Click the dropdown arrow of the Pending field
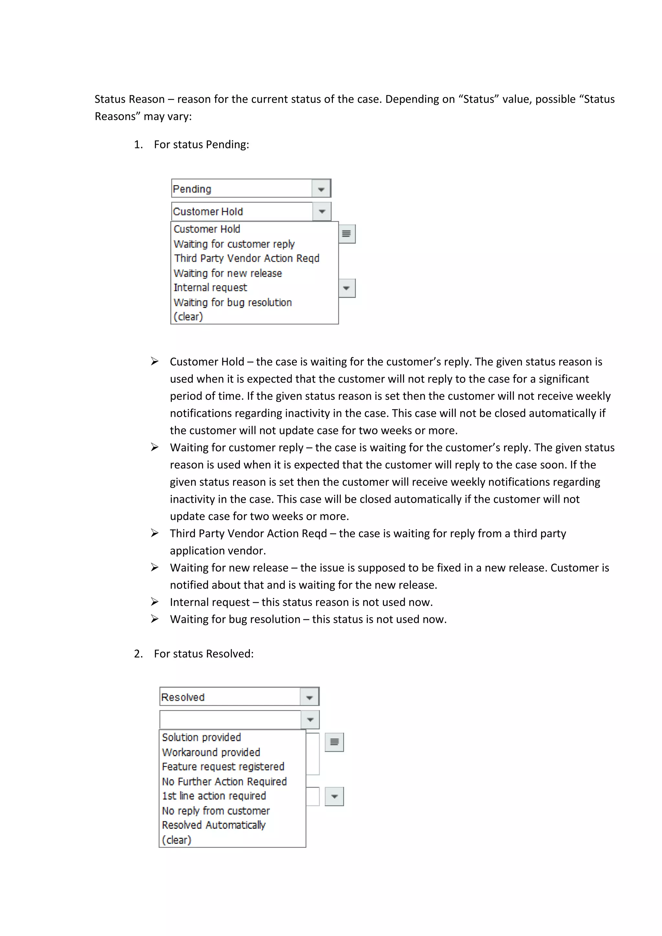(321, 189)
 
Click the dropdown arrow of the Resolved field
(309, 697)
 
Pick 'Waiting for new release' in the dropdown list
(228, 273)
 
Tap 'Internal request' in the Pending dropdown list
(210, 288)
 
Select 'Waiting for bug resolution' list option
(232, 303)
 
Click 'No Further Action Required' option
(224, 782)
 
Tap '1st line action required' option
(214, 796)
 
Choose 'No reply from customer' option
(216, 811)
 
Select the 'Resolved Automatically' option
(214, 825)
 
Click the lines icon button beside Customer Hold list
(347, 234)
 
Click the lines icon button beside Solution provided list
(334, 742)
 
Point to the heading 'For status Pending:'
(201, 145)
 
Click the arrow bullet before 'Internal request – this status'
(155, 602)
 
